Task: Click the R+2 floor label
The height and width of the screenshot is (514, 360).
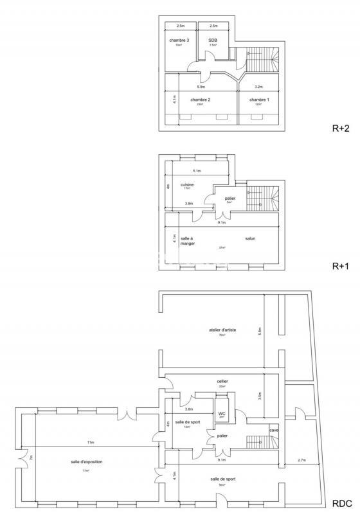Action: tap(340, 128)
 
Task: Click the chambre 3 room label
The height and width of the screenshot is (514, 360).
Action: tap(179, 40)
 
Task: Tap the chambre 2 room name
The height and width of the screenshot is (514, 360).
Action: tap(201, 100)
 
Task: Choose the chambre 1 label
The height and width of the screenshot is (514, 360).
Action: tap(259, 100)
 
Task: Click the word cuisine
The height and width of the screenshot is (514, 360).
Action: tap(187, 184)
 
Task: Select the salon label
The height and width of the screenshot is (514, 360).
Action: tap(250, 239)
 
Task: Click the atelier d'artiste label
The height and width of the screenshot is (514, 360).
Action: tap(222, 330)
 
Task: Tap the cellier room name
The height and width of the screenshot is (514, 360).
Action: tap(222, 381)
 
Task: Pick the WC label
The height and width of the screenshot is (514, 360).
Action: tap(221, 412)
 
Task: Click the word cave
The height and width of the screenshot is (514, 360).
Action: tap(273, 430)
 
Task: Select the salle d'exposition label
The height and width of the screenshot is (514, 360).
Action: tap(87, 462)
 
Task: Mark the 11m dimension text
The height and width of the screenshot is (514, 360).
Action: tap(91, 442)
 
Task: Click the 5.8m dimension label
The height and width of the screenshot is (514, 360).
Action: tap(259, 332)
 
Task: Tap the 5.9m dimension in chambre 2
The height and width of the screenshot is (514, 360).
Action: tap(201, 86)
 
